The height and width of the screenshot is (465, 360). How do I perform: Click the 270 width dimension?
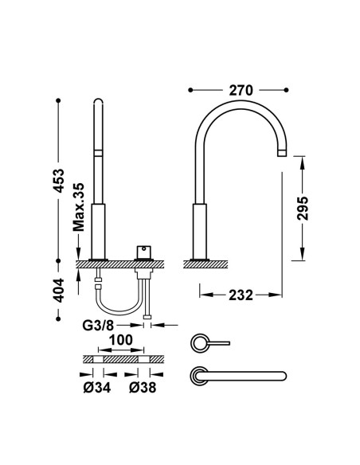(241, 90)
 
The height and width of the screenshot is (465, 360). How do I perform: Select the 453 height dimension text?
(59, 181)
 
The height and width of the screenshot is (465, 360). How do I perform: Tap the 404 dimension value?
(59, 290)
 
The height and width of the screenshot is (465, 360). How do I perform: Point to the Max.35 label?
(79, 207)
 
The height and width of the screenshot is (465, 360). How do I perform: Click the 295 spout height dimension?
(303, 208)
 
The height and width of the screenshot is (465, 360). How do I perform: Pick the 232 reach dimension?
(241, 295)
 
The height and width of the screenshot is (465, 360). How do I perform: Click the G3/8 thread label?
(98, 326)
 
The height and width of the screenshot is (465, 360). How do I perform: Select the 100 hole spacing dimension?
(121, 340)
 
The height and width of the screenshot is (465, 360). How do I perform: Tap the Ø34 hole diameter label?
(97, 387)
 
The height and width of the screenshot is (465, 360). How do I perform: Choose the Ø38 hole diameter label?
(143, 387)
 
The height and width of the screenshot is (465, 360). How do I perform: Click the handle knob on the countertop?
(143, 252)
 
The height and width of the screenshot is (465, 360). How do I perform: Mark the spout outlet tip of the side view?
(282, 154)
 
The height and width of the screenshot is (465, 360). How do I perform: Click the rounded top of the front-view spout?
(98, 101)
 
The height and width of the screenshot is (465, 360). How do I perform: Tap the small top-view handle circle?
(198, 343)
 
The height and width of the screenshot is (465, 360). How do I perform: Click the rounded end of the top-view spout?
(284, 376)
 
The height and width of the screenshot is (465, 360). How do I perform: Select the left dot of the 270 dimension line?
(190, 90)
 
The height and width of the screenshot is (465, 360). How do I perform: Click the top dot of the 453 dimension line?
(58, 100)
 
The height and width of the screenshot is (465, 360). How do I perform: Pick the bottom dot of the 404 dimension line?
(58, 318)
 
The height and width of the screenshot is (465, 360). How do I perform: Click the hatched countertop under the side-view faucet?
(205, 264)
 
